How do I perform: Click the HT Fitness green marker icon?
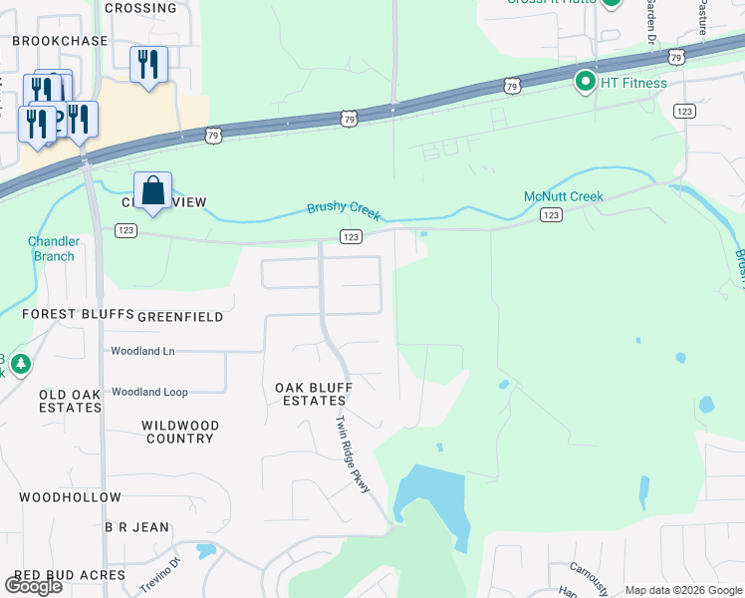pos(586,82)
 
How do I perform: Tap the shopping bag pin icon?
pos(152,190)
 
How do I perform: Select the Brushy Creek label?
pos(344,211)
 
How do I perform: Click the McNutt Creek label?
pos(564,196)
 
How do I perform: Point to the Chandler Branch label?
pos(52,249)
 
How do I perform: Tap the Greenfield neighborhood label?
pos(180,316)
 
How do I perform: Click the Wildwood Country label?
pos(179,432)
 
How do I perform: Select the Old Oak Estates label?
pos(70,402)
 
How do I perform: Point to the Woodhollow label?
pos(70,497)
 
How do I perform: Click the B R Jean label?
pos(137,527)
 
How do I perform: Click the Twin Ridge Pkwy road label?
pos(353,454)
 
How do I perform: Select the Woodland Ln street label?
pos(142,352)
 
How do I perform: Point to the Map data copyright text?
pos(682,590)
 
